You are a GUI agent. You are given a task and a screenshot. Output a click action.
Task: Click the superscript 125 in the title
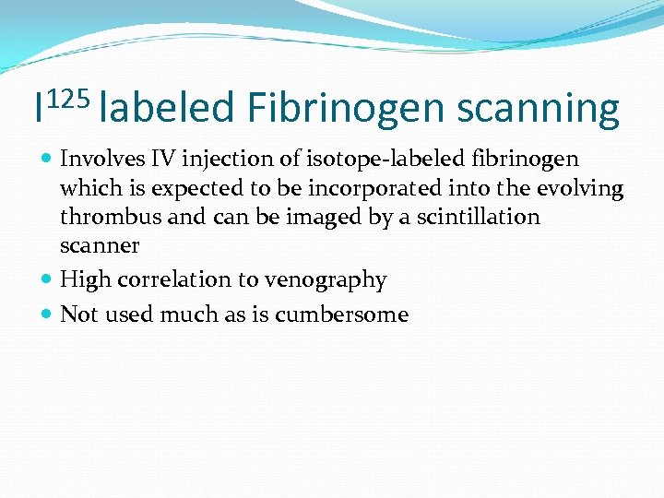(x=67, y=96)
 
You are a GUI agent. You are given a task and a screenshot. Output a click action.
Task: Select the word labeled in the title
(x=167, y=110)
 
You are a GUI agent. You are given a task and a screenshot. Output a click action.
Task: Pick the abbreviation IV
(x=158, y=160)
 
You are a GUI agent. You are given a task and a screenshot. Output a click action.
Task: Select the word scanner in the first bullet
(x=99, y=246)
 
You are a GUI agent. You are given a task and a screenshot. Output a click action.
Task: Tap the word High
(x=83, y=279)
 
